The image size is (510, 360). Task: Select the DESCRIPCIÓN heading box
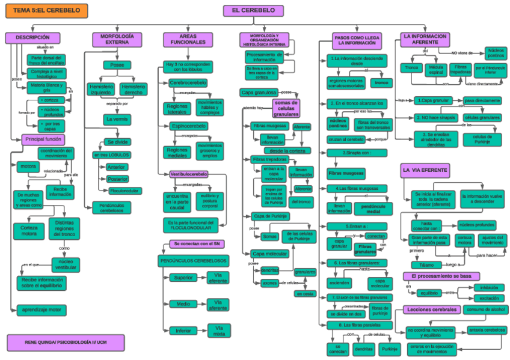tap(32, 38)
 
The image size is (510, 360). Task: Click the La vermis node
tap(117, 119)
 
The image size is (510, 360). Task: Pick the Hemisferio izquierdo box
tap(100, 89)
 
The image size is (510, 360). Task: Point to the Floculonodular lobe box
tap(124, 191)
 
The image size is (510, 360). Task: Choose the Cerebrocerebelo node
tap(188, 82)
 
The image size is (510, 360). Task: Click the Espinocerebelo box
tap(188, 126)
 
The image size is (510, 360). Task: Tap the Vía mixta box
tap(219, 330)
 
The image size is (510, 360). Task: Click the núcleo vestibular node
tap(66, 264)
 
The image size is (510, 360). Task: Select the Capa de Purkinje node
tap(268, 216)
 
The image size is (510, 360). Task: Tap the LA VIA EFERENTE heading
tap(425, 171)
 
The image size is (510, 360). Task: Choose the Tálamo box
tap(426, 264)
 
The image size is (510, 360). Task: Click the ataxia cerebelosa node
tap(487, 330)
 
